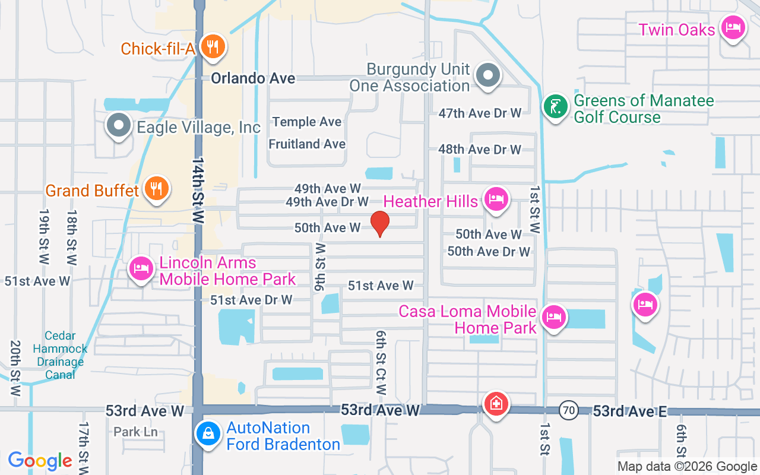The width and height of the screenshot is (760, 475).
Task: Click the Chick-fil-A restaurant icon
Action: tap(211, 47)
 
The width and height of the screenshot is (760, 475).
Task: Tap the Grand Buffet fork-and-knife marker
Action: tap(156, 188)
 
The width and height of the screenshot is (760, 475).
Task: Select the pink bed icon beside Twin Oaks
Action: tap(733, 27)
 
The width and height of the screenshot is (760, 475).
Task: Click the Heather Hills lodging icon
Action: tap(495, 199)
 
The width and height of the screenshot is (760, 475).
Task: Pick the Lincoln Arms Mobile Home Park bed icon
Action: tap(141, 269)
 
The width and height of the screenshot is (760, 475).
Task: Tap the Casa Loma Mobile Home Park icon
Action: tap(553, 317)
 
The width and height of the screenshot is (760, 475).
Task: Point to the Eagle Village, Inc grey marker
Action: tap(118, 125)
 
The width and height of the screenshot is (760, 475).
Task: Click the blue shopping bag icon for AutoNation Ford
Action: tap(208, 434)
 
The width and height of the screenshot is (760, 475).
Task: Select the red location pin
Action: tap(380, 224)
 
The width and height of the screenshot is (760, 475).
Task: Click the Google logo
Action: tap(40, 461)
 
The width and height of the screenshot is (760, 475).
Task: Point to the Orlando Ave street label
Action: tap(254, 78)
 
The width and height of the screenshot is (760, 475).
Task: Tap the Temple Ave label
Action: tap(307, 122)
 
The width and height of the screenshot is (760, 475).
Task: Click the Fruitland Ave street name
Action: tap(307, 144)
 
